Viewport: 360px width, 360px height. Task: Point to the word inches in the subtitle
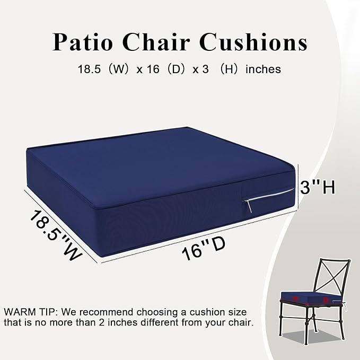(263, 69)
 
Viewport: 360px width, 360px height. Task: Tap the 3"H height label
(318, 187)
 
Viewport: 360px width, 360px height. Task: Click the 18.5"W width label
(55, 234)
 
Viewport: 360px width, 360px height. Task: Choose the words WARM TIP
(29, 311)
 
